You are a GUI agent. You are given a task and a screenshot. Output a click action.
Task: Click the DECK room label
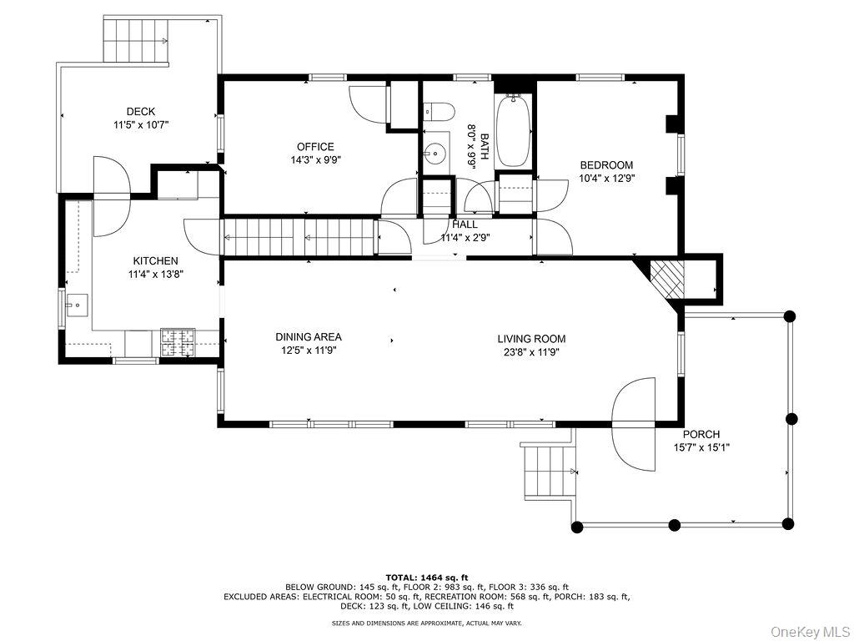coord(141,112)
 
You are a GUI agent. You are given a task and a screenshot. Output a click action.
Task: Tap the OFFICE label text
coord(315,147)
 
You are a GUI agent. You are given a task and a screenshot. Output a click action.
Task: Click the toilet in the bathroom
coord(439,111)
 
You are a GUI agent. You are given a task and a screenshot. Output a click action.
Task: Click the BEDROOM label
coord(606,165)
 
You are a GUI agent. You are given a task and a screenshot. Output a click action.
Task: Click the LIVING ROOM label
coord(531,339)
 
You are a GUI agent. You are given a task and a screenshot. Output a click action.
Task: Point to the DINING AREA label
coord(309,337)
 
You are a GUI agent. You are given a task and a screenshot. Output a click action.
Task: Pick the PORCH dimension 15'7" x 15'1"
coord(701,447)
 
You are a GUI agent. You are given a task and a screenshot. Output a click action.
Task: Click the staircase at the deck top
coord(135,39)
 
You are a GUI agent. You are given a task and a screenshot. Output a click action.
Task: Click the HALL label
coord(465,225)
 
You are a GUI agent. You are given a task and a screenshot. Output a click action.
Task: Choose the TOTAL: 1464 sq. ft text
coord(427,577)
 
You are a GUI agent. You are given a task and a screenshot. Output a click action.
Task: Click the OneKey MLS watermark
coord(809,630)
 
